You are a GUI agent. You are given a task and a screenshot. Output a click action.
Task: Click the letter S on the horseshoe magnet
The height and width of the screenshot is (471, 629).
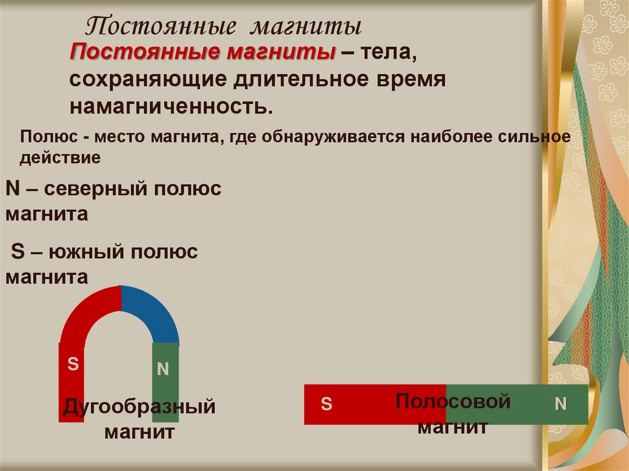click(72, 364)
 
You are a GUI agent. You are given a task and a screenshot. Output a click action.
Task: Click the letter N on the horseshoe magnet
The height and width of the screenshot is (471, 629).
click(163, 369)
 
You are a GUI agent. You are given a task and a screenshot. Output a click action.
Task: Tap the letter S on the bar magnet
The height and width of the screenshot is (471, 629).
click(327, 403)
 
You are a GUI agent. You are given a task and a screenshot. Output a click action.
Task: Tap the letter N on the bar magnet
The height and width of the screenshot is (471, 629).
click(561, 403)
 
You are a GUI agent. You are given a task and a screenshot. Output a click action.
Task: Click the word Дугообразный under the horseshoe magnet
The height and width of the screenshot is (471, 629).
click(139, 407)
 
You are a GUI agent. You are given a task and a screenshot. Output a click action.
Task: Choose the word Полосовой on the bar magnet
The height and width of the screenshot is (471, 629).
click(453, 402)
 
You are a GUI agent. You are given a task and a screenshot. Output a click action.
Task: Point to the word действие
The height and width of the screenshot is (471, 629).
click(60, 158)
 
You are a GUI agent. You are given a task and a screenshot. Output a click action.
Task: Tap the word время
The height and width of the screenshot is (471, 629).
click(408, 80)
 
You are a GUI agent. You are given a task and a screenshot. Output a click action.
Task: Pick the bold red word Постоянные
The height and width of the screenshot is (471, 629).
click(145, 53)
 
